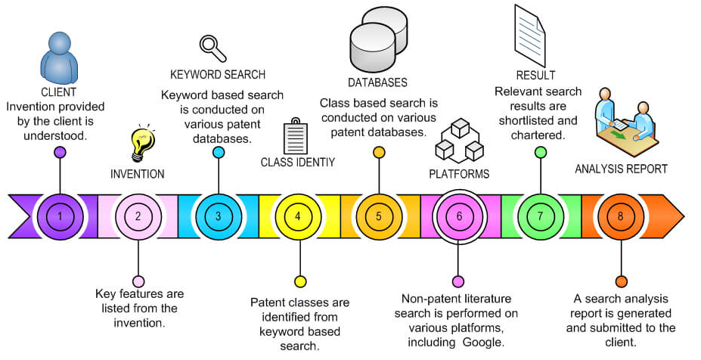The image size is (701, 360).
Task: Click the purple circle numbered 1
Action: (x=59, y=216)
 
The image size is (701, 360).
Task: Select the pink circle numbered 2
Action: (x=138, y=216)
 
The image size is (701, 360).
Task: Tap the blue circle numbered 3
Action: (x=218, y=216)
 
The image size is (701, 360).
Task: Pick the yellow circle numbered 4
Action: (x=298, y=216)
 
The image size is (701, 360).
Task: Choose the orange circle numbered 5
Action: (x=378, y=216)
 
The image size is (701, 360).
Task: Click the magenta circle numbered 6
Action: (x=458, y=216)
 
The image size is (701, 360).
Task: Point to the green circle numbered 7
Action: (x=540, y=216)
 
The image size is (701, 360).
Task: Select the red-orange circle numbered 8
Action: (x=620, y=216)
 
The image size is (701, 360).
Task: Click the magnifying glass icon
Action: (x=212, y=48)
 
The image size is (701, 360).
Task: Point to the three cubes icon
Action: (x=460, y=141)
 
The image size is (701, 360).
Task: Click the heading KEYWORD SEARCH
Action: (x=218, y=74)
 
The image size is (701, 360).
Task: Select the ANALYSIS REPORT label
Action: (x=621, y=169)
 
